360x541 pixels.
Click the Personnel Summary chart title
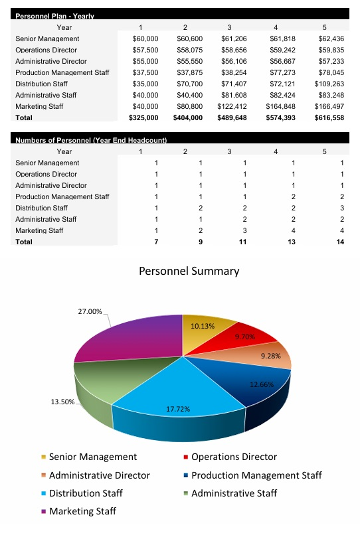pos(189,271)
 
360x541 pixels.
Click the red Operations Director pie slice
pos(252,336)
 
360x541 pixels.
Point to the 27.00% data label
pos(90,311)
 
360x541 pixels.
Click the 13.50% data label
pos(62,402)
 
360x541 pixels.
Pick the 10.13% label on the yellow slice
pos(202,326)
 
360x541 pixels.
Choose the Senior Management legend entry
pos(92,457)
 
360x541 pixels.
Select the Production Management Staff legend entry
pos(256,475)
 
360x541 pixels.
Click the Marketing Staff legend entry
pos(82,511)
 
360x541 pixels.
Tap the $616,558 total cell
pos(329,117)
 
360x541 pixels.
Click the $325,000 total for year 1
pos(143,117)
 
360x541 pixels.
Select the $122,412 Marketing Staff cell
pos(232,106)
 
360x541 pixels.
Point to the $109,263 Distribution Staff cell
pos(329,84)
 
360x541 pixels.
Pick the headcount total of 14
pos(341,242)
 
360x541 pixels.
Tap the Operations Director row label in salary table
pos(46,50)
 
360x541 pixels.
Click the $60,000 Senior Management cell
pos(145,39)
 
